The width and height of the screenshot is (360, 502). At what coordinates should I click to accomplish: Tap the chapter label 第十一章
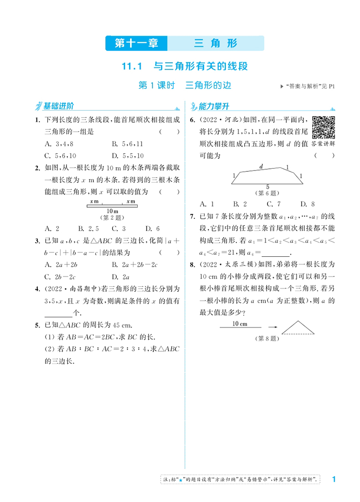[136, 44]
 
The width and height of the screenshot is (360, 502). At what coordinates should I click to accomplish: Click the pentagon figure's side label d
[261, 167]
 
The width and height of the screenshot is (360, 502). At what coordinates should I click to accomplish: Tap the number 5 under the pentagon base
[267, 186]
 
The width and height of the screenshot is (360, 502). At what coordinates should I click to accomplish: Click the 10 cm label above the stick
[240, 323]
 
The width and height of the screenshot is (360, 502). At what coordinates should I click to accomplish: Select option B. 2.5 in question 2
[87, 228]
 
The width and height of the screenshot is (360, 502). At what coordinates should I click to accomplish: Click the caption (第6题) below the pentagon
[267, 193]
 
